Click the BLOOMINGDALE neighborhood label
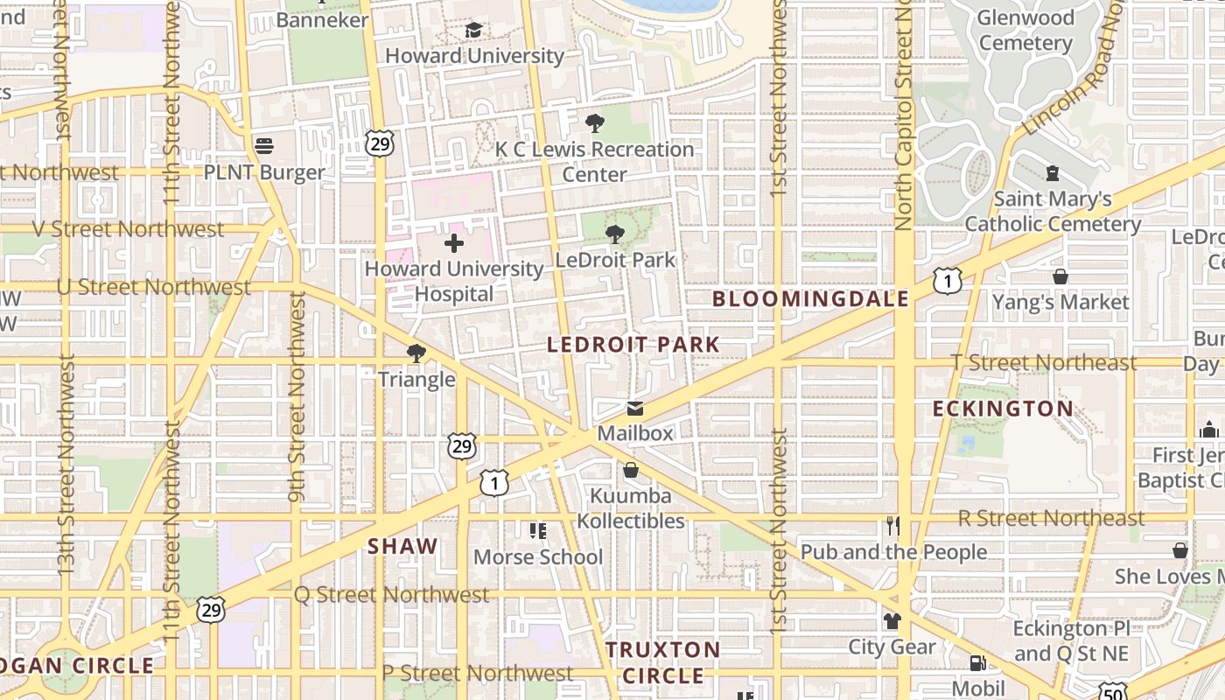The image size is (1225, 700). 810,299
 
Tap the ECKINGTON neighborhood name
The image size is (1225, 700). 1003,409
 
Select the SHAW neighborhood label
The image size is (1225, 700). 402,547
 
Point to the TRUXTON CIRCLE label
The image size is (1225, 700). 663,662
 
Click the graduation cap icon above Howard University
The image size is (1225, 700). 473,31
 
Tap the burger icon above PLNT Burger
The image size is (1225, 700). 264,145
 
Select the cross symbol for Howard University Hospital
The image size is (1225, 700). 454,243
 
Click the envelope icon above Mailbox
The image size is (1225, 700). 635,409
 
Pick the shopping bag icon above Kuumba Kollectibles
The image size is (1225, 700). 630,471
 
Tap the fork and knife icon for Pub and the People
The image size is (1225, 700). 892,526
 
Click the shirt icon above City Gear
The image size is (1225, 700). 892,621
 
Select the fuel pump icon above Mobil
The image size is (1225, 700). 977,664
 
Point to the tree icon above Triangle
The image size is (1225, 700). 416,353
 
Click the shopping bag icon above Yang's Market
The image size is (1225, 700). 1060,276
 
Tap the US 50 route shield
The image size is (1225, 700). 1113,692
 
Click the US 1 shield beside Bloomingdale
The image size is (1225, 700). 947,281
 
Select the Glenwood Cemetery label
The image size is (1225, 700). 1025,30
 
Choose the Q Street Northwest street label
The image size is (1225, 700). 391,595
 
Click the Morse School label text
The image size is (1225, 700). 538,557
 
